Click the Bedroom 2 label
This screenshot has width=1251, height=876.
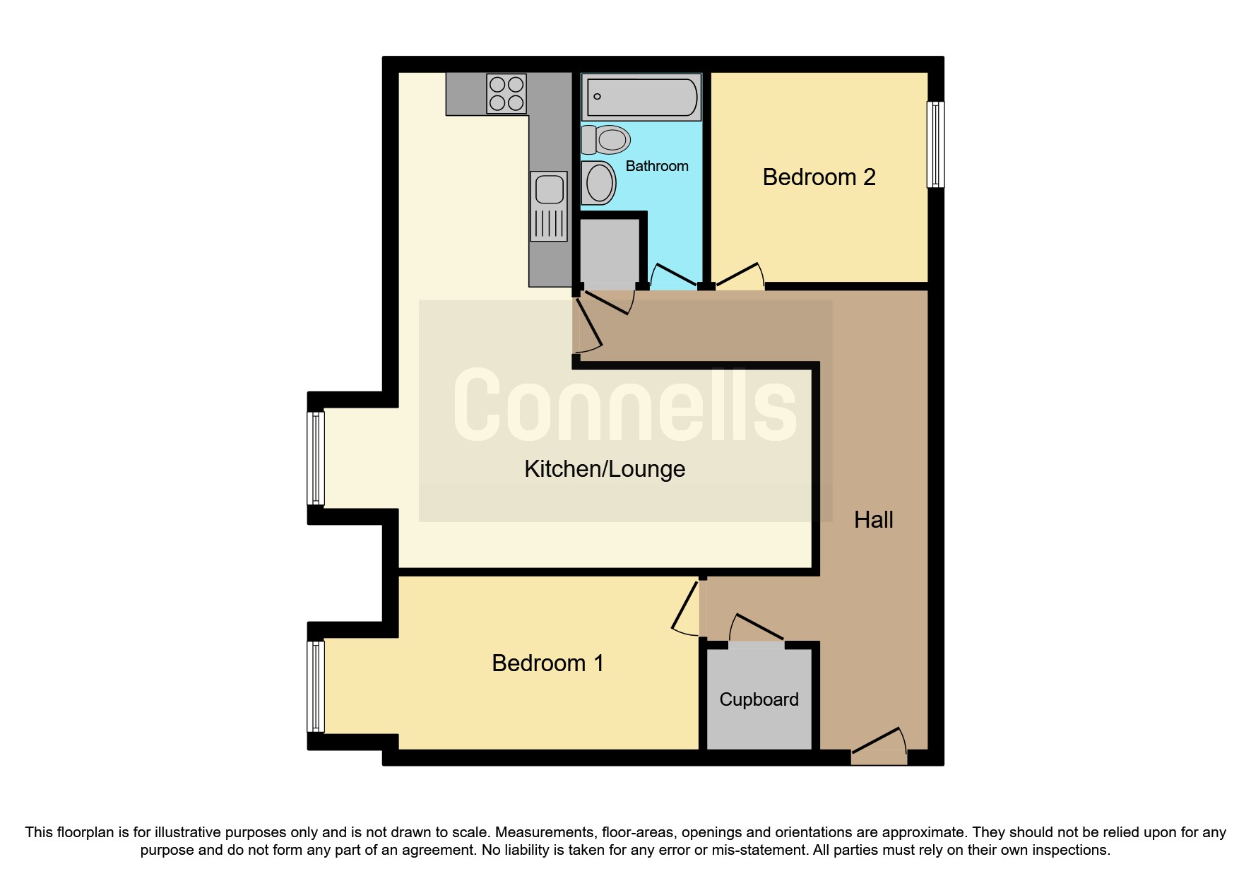[x=819, y=177]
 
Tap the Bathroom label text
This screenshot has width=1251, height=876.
[x=656, y=166]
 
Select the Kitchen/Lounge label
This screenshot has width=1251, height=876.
[x=605, y=468]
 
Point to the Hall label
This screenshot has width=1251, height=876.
[x=873, y=520]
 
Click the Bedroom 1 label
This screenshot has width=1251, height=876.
[x=547, y=663]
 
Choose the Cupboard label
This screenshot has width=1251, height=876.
[x=759, y=699]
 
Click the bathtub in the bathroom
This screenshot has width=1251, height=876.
[x=641, y=97]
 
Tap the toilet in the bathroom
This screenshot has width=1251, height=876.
[x=605, y=140]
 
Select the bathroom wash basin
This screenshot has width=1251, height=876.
[x=598, y=182]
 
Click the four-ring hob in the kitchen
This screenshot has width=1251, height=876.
[x=506, y=94]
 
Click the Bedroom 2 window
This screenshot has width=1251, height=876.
[x=935, y=144]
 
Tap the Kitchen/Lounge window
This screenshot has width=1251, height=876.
[x=316, y=458]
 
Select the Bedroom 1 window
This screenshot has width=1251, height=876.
[x=316, y=686]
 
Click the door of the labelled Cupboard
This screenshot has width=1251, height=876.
[x=756, y=629]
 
